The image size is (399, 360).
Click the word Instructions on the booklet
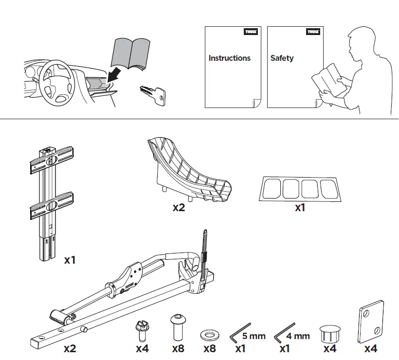[229, 58]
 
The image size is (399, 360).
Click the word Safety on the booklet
[282, 58]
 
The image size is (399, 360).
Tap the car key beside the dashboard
[153, 94]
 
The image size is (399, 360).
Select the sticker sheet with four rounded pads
[299, 188]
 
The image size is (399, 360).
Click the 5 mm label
[254, 336]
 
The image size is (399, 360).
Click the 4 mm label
[298, 336]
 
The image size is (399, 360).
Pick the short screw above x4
[142, 331]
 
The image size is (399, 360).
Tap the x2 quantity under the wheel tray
[179, 208]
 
